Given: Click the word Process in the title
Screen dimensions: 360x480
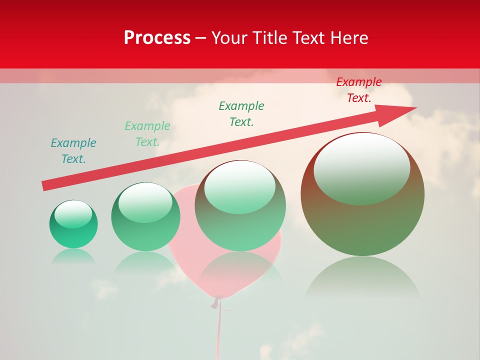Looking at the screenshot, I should tap(157, 38).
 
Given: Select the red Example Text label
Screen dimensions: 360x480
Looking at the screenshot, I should tap(359, 90).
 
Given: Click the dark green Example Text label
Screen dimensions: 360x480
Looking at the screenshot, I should tap(241, 114).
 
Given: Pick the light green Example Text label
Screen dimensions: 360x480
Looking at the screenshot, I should tap(147, 134).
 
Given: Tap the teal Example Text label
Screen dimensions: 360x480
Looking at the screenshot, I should tap(73, 151).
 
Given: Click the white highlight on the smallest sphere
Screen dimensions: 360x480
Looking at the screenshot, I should tap(73, 214).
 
